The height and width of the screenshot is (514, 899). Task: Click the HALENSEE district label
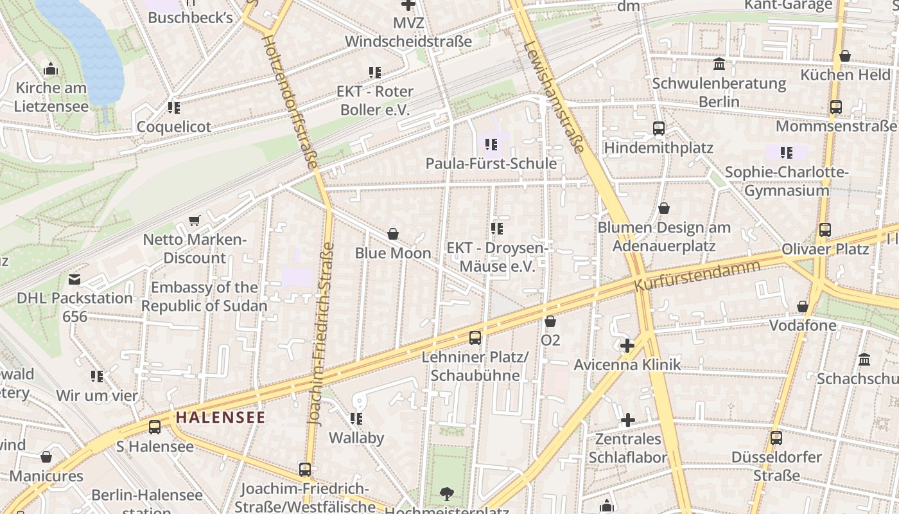(220, 417)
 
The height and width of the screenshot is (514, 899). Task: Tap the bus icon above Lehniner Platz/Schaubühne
(475, 337)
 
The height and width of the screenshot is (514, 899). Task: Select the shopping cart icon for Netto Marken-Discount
(194, 221)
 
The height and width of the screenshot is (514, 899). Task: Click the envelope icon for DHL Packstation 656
(74, 279)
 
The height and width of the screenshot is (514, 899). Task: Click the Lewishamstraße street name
(554, 97)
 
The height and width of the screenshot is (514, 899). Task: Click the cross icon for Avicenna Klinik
(627, 346)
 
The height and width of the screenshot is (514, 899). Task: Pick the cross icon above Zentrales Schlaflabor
(627, 420)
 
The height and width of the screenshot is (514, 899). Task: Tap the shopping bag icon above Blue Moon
(393, 234)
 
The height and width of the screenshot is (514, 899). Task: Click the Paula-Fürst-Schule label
(491, 163)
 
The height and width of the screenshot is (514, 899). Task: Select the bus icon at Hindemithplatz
(659, 128)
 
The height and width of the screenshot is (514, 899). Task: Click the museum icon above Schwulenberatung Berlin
(719, 64)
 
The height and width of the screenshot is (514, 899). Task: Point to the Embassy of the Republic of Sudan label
(204, 296)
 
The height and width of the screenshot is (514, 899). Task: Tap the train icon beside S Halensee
(155, 427)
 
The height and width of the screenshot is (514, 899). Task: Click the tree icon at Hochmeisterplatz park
(446, 494)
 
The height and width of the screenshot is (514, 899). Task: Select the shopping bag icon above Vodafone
(803, 306)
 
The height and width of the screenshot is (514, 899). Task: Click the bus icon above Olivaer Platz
(825, 230)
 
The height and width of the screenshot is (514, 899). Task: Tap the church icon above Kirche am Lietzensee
(51, 69)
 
